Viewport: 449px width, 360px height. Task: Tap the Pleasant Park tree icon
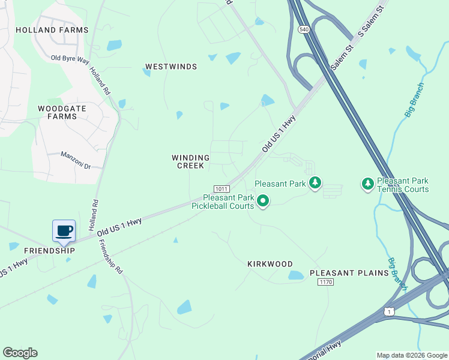coord(315,183)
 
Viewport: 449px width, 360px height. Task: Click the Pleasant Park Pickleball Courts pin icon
coord(262,202)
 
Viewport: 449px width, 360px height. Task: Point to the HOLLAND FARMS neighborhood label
coord(52,30)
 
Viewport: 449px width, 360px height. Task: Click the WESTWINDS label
coord(171,67)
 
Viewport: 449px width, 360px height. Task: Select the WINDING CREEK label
coord(190,162)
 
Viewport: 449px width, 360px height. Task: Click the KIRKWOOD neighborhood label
coord(270,264)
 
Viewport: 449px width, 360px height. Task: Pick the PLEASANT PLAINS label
coord(349,273)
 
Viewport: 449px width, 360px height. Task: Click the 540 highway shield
coord(304,29)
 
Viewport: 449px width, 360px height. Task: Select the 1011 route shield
coord(221,188)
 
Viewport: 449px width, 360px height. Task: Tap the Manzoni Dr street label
coord(75,159)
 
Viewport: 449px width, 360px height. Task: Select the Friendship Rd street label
coord(110,257)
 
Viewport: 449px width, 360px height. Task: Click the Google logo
coord(20,353)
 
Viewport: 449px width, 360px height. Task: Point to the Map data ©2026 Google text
coord(412,355)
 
